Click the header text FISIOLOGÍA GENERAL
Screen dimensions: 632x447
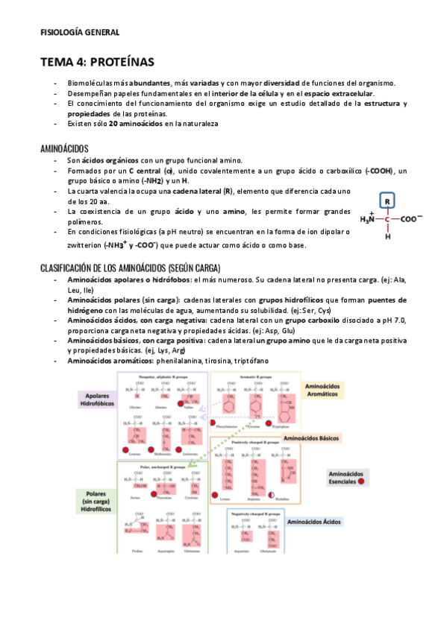(x=79, y=32)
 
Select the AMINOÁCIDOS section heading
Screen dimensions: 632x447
(x=64, y=148)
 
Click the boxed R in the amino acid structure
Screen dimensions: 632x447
(x=388, y=200)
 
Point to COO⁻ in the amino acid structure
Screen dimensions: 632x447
(x=411, y=219)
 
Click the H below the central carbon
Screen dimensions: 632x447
(x=388, y=238)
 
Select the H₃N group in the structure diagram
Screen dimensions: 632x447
(x=367, y=219)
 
